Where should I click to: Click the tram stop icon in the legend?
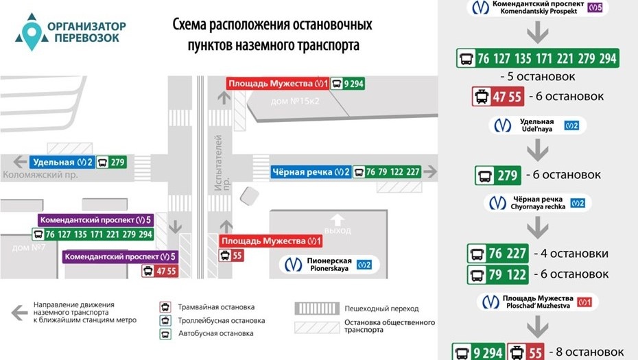(x=165, y=307)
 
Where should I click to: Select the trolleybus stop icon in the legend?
(x=165, y=320)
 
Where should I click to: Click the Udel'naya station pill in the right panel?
(x=539, y=125)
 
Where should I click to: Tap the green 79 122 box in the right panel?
(x=498, y=275)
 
